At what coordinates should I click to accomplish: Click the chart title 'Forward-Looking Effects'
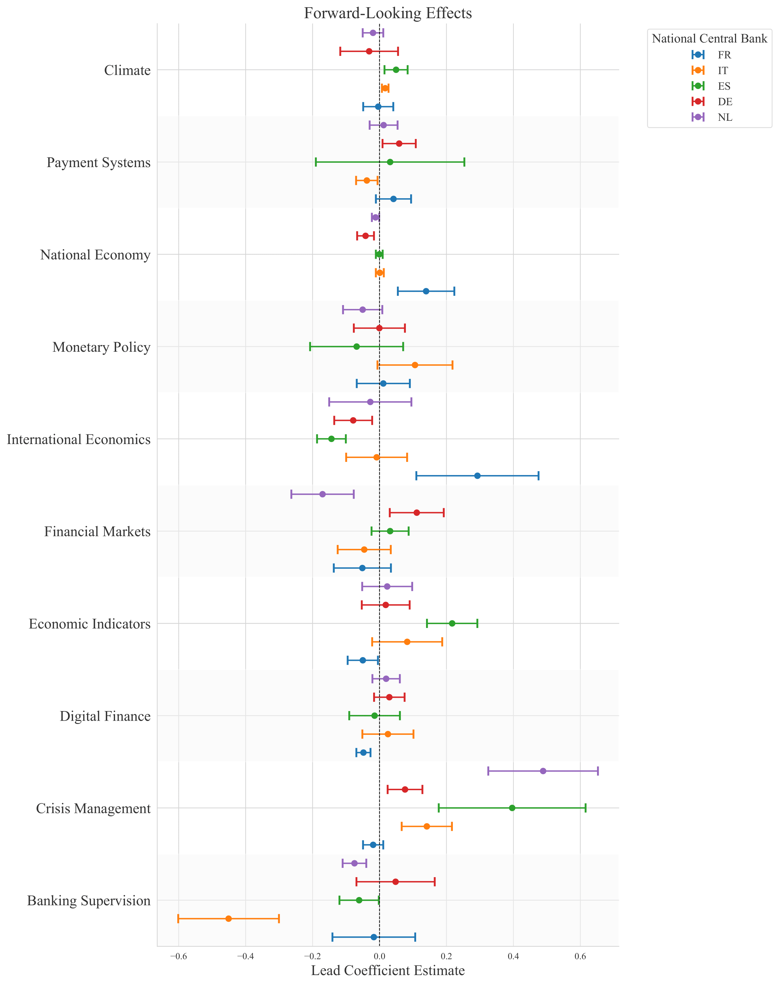tap(388, 13)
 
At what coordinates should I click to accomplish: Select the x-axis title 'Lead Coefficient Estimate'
tap(388, 970)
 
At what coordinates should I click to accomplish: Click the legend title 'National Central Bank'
tap(709, 39)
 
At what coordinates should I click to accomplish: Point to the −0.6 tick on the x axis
tap(178, 953)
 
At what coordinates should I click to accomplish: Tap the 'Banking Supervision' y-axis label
tap(89, 901)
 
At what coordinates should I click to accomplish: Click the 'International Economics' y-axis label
tap(78, 439)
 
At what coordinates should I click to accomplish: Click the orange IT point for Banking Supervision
tap(229, 918)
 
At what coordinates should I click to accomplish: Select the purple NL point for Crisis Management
tap(543, 771)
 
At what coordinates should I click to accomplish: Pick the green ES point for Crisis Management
tap(512, 808)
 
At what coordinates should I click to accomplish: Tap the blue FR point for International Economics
tap(477, 476)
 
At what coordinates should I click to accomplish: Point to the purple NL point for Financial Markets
tap(323, 494)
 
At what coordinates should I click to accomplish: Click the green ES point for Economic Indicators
tap(452, 623)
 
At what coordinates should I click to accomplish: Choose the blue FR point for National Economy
tap(426, 291)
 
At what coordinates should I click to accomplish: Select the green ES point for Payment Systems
tap(390, 162)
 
